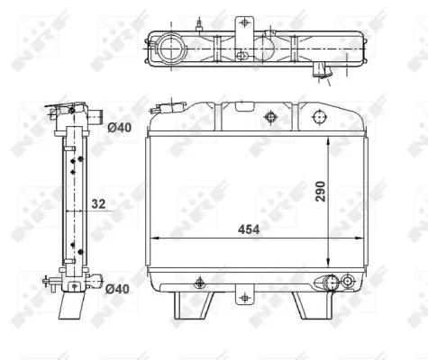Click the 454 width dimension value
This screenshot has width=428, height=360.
pyautogui.click(x=248, y=230)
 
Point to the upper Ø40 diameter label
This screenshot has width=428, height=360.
pyautogui.click(x=118, y=127)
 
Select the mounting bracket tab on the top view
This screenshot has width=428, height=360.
pyautogui.click(x=243, y=22)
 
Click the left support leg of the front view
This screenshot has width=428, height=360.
pyautogui.click(x=192, y=305)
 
